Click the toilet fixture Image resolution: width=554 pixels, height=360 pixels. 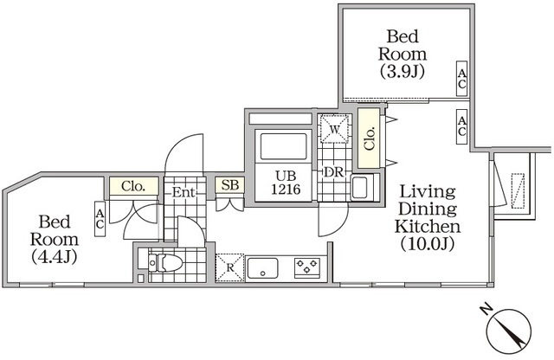164,262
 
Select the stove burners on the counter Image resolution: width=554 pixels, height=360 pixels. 306,267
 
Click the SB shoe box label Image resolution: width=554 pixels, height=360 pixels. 229,184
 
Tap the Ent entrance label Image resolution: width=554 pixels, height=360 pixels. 184,191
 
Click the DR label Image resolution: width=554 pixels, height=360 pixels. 334,172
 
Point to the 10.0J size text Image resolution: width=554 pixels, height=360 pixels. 427,245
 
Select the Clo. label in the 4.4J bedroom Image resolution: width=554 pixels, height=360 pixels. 133,185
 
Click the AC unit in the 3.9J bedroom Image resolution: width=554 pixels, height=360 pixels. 461,80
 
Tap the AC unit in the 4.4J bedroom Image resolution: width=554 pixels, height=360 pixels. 100,219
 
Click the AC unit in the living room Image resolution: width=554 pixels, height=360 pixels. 461,127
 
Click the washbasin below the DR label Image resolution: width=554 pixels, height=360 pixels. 360,186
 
